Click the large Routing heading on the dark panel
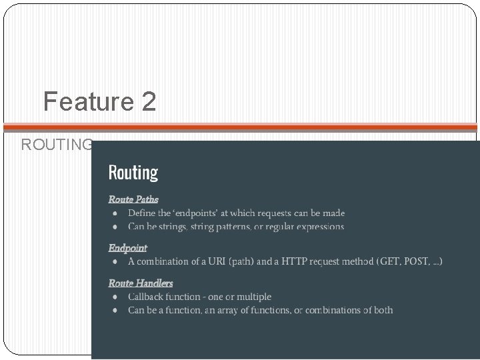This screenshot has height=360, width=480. click(133, 173)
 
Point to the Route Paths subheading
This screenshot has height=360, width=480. click(133, 199)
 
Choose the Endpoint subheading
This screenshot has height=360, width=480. click(128, 247)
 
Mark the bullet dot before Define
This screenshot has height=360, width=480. click(115, 214)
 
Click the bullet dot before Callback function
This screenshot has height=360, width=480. click(115, 297)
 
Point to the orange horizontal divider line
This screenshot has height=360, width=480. click(240, 127)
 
